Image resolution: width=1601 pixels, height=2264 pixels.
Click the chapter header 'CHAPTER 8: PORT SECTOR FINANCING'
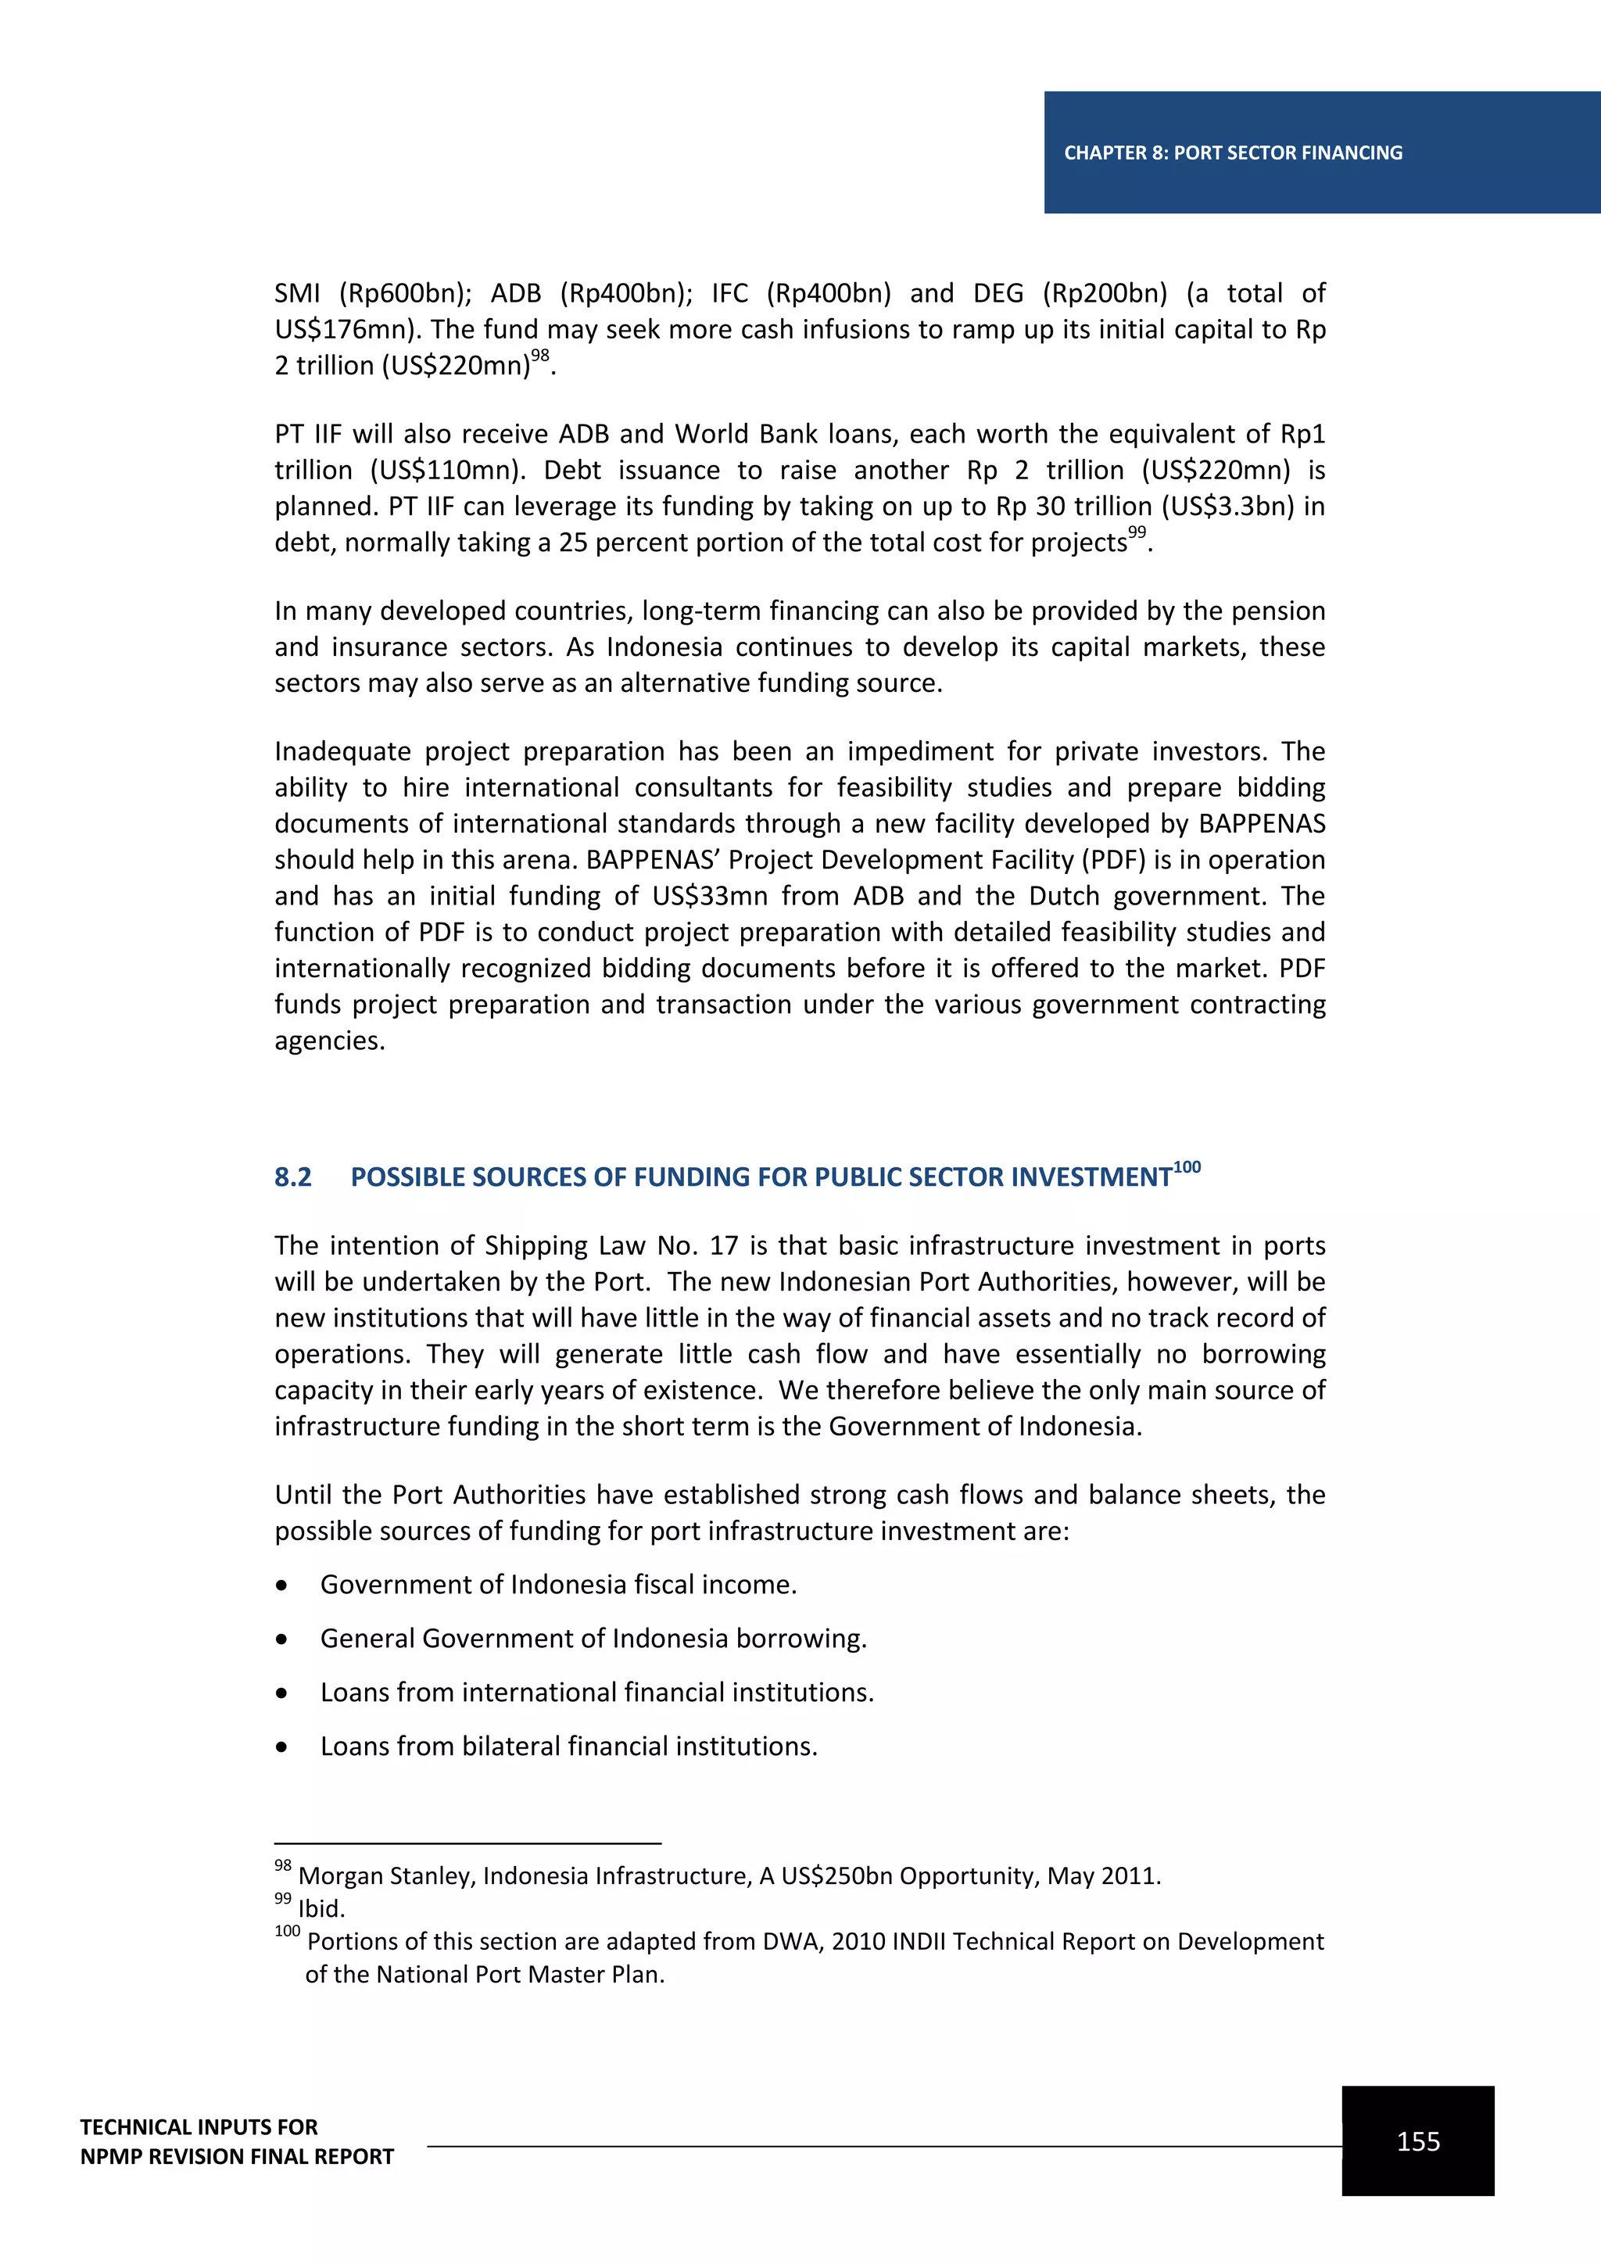1232,153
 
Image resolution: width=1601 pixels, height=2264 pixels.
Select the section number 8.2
293,1177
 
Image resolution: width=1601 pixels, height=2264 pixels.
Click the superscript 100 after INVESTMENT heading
1187,1167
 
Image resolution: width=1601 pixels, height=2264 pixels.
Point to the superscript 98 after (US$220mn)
539,356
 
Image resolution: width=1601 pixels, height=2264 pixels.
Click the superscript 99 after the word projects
1137,532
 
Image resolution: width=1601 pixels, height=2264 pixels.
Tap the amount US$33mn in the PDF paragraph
710,897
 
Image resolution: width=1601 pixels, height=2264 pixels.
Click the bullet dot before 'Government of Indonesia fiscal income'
283,1585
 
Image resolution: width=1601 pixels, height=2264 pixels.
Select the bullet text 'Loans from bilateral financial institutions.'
569,1746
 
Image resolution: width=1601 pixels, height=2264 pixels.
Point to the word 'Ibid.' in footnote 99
321,1909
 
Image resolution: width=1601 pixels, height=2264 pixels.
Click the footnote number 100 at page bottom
287,1932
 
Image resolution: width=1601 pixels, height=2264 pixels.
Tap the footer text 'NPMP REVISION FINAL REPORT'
237,2157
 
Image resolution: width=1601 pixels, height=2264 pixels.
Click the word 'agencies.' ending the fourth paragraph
329,1041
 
